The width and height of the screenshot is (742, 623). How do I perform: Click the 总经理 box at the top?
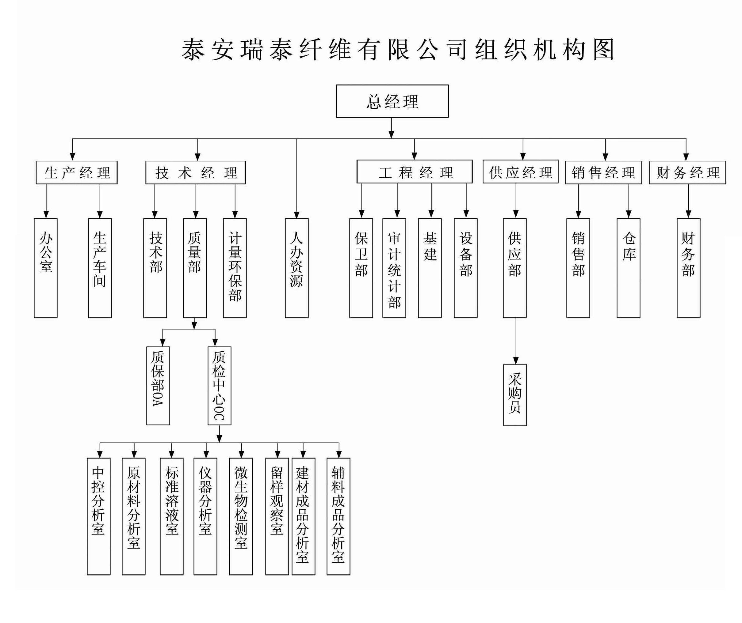[x=392, y=101]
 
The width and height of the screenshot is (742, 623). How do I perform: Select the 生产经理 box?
[x=77, y=172]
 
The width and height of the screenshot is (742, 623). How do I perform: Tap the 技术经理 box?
[x=196, y=172]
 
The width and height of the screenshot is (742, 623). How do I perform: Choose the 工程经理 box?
[x=414, y=172]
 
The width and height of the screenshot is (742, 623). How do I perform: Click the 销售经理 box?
[x=603, y=172]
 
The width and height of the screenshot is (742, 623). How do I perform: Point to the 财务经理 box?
[x=687, y=172]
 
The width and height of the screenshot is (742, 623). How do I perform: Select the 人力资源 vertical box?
[x=296, y=268]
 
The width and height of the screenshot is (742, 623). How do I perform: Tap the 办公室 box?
[x=46, y=268]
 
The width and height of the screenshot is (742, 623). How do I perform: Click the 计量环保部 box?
[x=235, y=268]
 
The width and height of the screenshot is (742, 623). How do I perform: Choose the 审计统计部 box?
[x=394, y=268]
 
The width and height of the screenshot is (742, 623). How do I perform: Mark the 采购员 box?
[x=515, y=395]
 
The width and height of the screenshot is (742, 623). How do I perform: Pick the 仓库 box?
[x=628, y=268]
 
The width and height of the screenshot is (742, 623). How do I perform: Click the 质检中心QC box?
[x=219, y=385]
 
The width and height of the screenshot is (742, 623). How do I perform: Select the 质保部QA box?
[x=158, y=385]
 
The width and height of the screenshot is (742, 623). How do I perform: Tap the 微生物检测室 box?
[x=241, y=516]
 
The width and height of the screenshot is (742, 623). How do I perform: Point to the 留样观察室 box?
[x=277, y=516]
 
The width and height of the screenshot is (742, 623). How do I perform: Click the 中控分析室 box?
[x=99, y=516]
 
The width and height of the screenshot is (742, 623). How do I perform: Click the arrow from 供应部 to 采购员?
[x=516, y=341]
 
